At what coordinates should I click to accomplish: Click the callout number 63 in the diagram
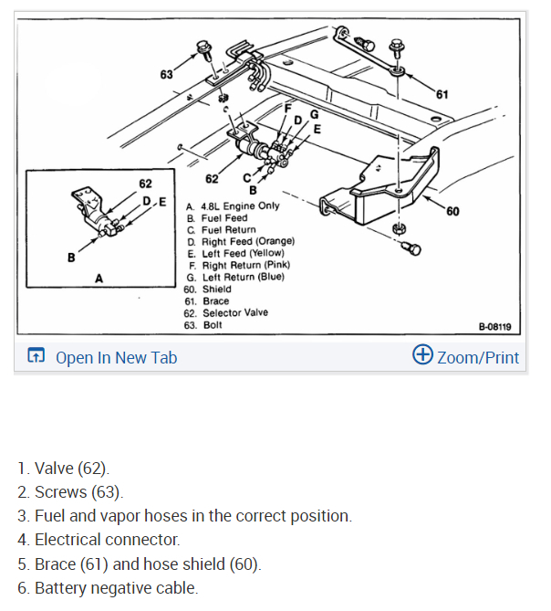(x=167, y=73)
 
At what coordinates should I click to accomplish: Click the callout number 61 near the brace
(x=442, y=93)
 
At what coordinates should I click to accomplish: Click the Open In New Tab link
(x=116, y=357)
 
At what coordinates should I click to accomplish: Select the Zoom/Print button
(x=478, y=357)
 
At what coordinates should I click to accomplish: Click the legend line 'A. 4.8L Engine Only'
(x=233, y=205)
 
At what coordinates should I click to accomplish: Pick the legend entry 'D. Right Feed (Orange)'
(x=241, y=241)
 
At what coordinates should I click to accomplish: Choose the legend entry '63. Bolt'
(x=202, y=324)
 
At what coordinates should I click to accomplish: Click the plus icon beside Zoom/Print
(x=422, y=355)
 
